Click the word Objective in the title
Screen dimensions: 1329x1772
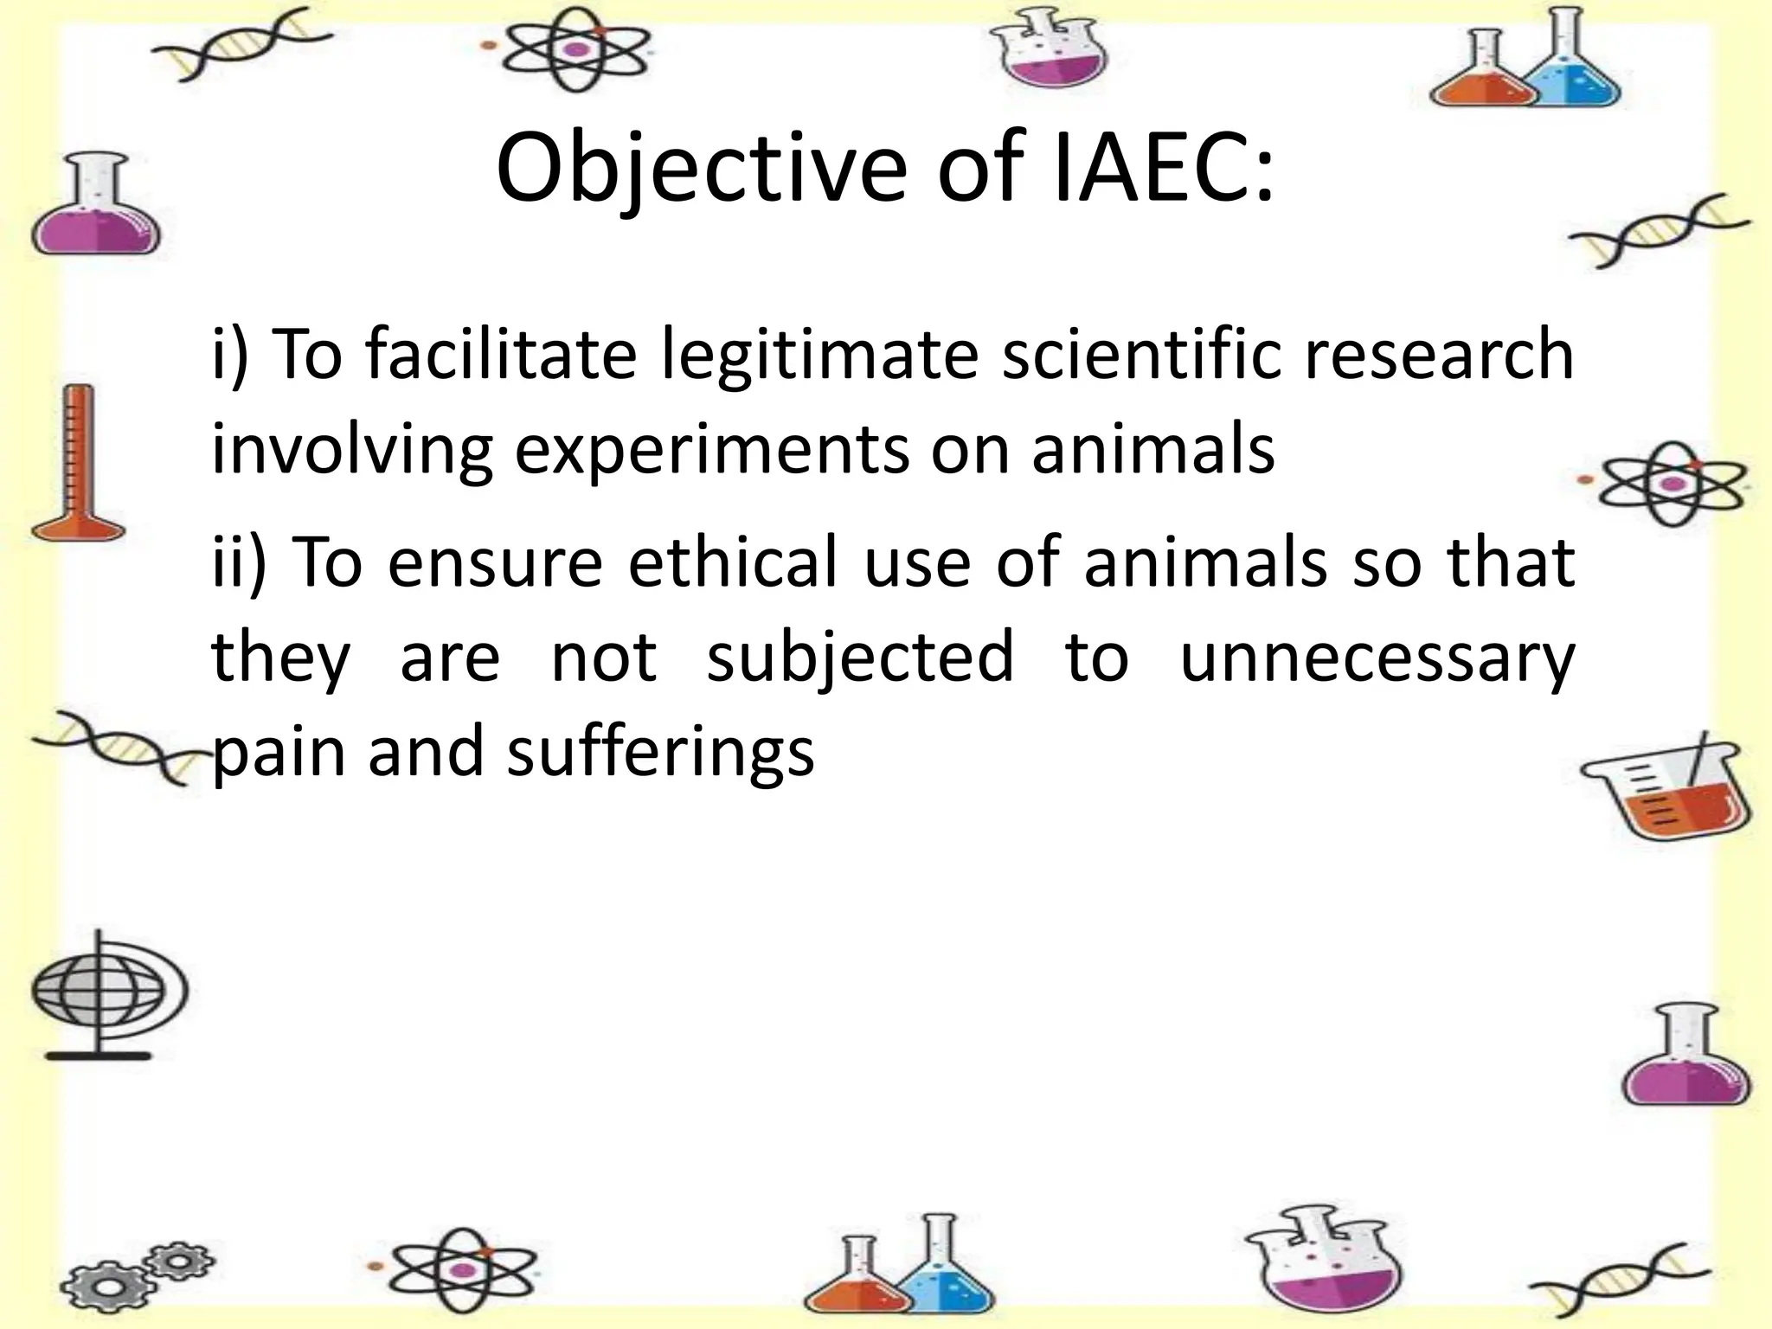701,169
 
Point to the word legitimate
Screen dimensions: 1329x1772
819,356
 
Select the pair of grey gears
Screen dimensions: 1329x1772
138,1277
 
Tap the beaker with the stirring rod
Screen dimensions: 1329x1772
1666,788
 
